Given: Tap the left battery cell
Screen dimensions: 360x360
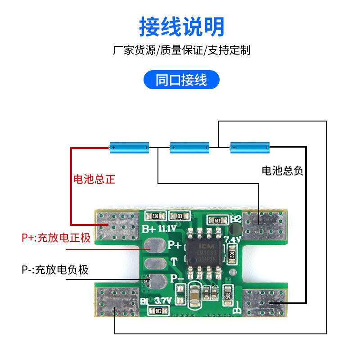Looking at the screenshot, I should [129, 147].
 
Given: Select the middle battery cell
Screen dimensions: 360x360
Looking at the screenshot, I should [189, 147].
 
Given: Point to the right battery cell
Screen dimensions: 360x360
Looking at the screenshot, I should [250, 147].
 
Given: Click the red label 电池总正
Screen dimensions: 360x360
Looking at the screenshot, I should [94, 179].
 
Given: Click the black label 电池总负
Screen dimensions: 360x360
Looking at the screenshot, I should [283, 171].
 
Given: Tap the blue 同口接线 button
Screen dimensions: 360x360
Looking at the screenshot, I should [181, 80].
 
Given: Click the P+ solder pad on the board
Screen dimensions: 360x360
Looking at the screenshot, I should [153, 244].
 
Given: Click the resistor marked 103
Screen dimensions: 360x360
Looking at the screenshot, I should [179, 216].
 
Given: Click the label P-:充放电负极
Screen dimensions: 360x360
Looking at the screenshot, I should [55, 270].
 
